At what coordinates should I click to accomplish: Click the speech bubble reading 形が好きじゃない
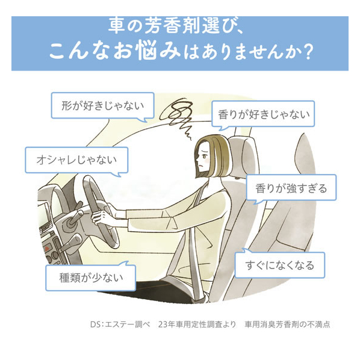click(x=102, y=106)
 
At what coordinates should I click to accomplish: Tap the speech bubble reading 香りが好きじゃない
click(x=263, y=114)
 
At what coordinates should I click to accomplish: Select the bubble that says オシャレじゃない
click(x=76, y=160)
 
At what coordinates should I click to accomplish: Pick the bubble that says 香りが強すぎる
click(x=291, y=188)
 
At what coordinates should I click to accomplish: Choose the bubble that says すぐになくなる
click(x=280, y=265)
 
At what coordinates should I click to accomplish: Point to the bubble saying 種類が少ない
click(x=91, y=278)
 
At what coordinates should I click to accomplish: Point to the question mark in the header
click(x=307, y=52)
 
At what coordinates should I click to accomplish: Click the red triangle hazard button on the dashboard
click(x=47, y=249)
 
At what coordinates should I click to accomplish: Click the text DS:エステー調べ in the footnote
click(x=120, y=324)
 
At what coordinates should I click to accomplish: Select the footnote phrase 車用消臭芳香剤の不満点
click(x=287, y=324)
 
